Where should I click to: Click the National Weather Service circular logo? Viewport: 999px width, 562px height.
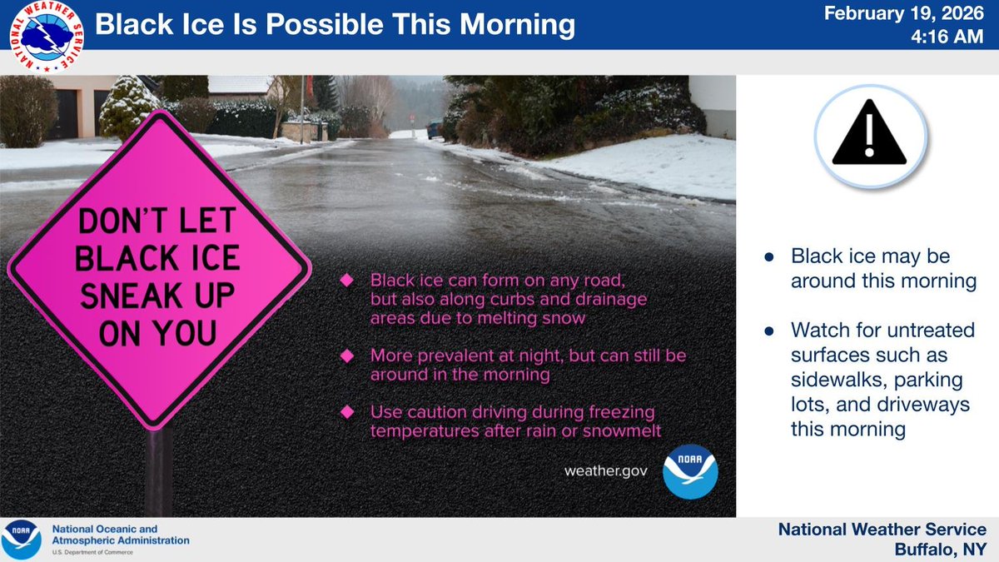coord(47,37)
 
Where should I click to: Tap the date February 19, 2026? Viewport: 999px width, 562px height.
coord(903,13)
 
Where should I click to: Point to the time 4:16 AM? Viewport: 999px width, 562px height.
coord(947,37)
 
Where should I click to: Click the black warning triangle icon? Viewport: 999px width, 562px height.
coord(869,132)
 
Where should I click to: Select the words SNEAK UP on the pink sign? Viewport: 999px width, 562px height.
coord(157,296)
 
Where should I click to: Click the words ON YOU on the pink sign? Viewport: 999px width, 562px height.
coord(157,333)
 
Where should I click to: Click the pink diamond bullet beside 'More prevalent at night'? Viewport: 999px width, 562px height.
coord(346,356)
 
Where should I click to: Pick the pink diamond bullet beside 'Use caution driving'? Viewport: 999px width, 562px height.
coord(346,412)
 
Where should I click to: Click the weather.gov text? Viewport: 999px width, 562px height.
coord(606,471)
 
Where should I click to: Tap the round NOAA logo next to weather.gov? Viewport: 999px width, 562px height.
coord(690,471)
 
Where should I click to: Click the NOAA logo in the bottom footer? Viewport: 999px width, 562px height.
coord(22,540)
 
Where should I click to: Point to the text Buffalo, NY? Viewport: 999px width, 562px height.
coord(941,550)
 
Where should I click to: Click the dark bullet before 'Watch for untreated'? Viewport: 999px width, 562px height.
coord(769,331)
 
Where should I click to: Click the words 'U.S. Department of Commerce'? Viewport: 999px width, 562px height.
coord(92,553)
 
